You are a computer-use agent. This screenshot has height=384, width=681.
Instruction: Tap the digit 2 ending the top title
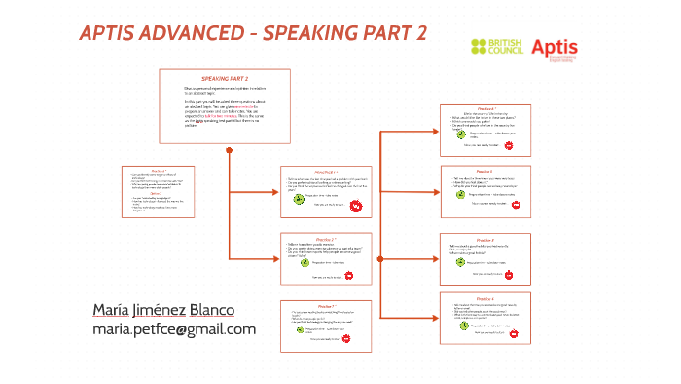click(x=420, y=33)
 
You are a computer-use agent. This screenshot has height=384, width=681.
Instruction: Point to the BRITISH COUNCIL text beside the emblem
click(x=506, y=46)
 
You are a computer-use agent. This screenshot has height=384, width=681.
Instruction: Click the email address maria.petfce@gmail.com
click(x=174, y=329)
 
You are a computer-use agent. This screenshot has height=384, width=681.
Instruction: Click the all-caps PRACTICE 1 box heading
click(x=325, y=172)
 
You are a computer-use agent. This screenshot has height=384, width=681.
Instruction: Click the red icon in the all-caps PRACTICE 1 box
click(x=356, y=206)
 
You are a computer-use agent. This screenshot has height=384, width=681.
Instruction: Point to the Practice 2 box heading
click(x=325, y=239)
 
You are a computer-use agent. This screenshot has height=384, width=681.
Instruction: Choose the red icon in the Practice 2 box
click(x=356, y=275)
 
